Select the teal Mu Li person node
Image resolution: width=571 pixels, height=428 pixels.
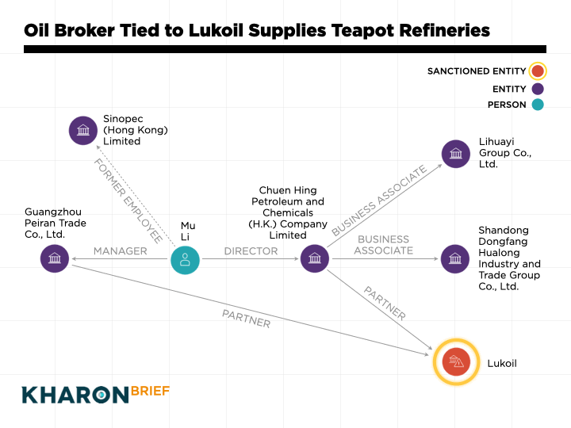(x=185, y=258)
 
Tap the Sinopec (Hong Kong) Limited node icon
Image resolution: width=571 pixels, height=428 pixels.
(x=82, y=130)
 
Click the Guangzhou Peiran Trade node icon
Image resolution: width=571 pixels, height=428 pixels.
(x=55, y=258)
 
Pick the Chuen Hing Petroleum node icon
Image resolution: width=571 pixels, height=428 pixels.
(x=315, y=258)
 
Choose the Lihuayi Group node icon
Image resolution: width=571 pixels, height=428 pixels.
(x=456, y=154)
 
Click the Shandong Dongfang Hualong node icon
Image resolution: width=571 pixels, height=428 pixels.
(x=454, y=258)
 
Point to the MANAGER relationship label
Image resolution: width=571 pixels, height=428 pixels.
(x=120, y=251)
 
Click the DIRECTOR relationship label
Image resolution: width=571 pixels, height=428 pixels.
(x=251, y=251)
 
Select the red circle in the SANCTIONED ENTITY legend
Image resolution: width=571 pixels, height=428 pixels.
(x=538, y=71)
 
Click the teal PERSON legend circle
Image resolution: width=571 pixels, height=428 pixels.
(x=538, y=105)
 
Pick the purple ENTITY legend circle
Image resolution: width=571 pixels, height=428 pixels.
(x=538, y=89)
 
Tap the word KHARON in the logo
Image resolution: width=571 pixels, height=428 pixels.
(x=75, y=394)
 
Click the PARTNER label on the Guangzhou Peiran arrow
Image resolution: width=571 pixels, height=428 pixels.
(x=246, y=318)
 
